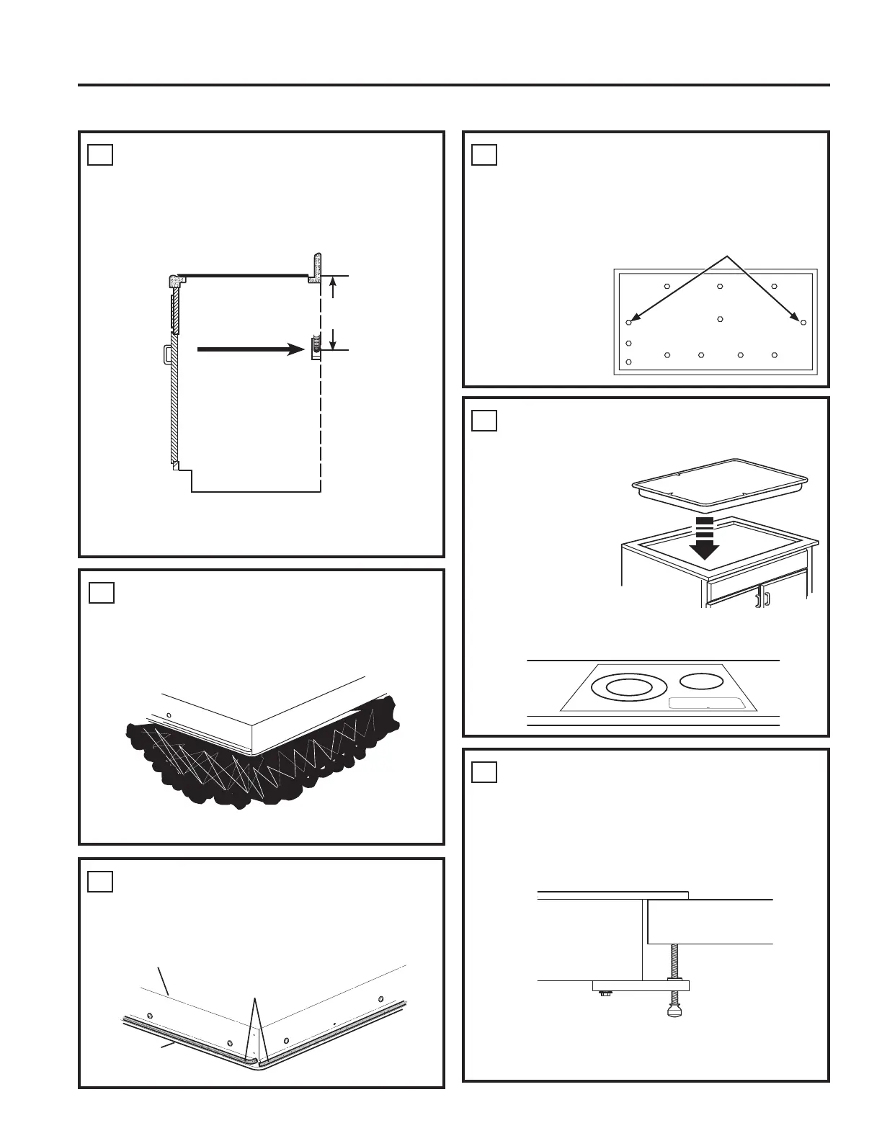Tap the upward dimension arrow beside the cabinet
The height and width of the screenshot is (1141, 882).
(x=332, y=287)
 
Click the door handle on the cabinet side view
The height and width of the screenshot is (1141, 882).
(x=166, y=353)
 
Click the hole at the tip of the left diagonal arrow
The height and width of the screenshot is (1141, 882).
(x=628, y=322)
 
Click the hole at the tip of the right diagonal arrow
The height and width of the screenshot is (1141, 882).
(x=803, y=322)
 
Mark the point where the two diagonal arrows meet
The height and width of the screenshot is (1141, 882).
(x=728, y=256)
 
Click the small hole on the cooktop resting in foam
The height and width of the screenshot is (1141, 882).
(x=168, y=715)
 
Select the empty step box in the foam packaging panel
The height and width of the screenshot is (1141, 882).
(x=102, y=593)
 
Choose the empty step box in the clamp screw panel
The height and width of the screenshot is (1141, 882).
(x=485, y=772)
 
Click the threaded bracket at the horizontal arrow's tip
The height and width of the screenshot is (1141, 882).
(x=316, y=347)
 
